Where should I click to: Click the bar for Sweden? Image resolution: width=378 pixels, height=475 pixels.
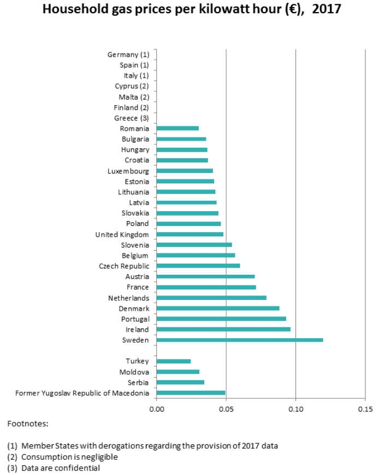tap(240, 340)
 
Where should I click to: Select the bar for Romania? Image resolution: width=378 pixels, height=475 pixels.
tap(178, 128)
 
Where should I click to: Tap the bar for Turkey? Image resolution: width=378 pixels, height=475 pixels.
tap(174, 361)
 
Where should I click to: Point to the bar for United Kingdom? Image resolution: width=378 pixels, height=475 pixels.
tap(190, 234)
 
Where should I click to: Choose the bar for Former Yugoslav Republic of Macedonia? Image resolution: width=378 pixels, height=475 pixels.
tap(191, 393)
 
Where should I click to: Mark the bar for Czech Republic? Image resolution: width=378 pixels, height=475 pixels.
tap(198, 266)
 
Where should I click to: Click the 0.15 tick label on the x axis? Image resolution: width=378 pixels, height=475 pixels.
tap(365, 409)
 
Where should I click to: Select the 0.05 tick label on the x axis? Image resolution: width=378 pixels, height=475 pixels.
tap(226, 409)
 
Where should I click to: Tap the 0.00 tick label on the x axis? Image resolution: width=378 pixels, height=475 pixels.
tap(157, 409)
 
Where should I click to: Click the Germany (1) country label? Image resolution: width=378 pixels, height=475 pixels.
tap(128, 55)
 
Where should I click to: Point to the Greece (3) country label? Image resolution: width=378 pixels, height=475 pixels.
tap(131, 118)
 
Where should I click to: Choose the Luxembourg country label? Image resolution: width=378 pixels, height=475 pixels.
tap(128, 171)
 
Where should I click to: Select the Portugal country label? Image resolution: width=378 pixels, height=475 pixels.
tap(134, 319)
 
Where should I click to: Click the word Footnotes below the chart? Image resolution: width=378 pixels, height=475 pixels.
tap(28, 424)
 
